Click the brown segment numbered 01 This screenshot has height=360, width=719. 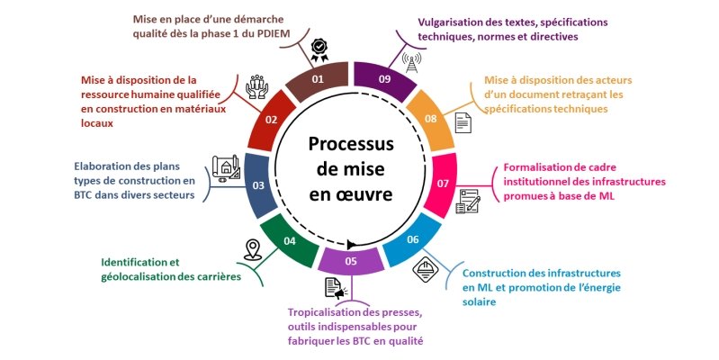click(316, 79)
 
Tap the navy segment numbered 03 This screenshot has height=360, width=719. click(258, 184)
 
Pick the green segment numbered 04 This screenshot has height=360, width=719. click(289, 239)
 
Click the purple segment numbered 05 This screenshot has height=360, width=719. click(350, 262)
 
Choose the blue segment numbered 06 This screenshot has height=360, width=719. click(412, 239)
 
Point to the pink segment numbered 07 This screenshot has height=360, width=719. click(444, 184)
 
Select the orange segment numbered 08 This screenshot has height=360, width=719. click(430, 119)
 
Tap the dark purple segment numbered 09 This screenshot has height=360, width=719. click(384, 79)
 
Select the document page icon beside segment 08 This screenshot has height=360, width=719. click(463, 122)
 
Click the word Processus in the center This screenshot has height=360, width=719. click(350, 144)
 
